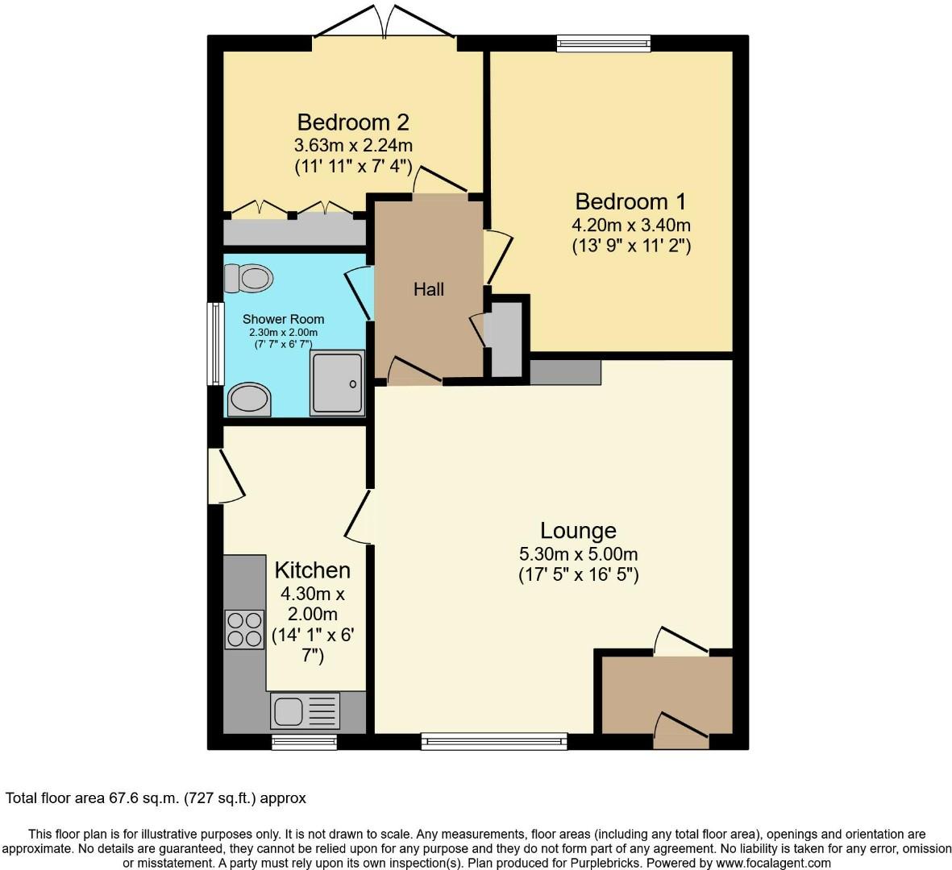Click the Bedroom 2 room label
tap(353, 122)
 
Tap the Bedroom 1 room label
tap(631, 201)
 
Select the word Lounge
tap(578, 531)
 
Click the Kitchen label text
tap(312, 570)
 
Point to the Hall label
tap(429, 289)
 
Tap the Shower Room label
tap(283, 319)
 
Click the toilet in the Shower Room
tap(249, 279)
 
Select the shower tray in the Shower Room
tap(338, 383)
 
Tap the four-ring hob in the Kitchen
tap(244, 629)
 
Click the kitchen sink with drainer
tap(306, 711)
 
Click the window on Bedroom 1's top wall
tap(603, 43)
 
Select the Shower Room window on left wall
tap(214, 343)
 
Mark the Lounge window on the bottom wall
tap(494, 741)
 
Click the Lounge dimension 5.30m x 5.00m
tap(578, 554)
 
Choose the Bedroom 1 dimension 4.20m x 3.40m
tap(631, 225)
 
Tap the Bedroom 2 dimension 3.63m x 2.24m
tap(353, 146)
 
